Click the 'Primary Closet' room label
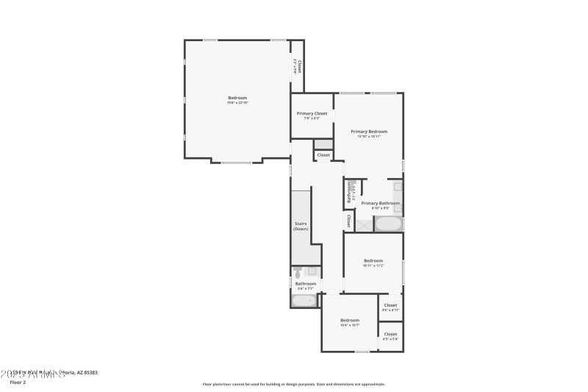pos(312,113)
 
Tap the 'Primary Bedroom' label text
pos(368,132)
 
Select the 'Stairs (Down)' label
pos(301,226)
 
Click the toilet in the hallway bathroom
pos(298,273)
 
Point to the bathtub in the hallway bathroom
pos(304,300)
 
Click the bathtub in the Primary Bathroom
pos(389,224)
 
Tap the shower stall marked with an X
pos(364,224)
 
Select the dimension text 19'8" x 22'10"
pos(237,103)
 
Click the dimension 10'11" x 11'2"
pos(373,266)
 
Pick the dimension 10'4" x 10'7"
pos(349,324)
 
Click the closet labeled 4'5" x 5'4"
pos(390,336)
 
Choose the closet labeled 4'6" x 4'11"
pos(390,307)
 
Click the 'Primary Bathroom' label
pos(381,203)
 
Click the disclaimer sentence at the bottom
pos(293,384)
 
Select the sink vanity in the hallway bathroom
pos(312,271)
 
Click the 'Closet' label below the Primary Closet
pos(323,155)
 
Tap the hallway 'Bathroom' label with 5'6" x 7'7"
pos(306,284)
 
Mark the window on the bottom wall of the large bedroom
pos(237,162)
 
